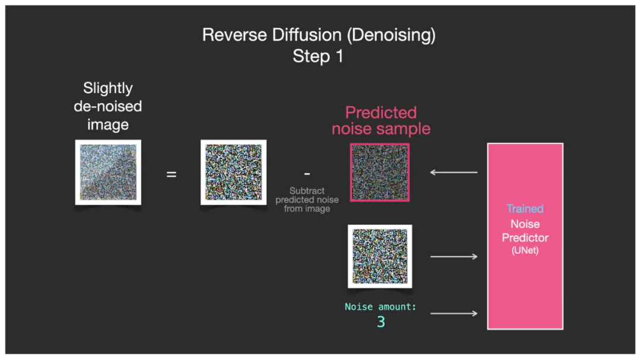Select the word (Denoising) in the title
click(x=391, y=35)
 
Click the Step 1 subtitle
click(x=318, y=57)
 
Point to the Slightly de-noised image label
click(x=108, y=107)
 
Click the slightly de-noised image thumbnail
click(x=108, y=173)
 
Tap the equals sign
click(x=171, y=174)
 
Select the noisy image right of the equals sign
click(x=233, y=173)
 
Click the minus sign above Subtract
click(x=307, y=174)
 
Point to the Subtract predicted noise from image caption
click(x=307, y=200)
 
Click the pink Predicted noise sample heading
click(x=381, y=120)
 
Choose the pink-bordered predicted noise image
click(x=380, y=173)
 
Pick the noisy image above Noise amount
click(x=380, y=256)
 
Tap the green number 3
click(x=381, y=322)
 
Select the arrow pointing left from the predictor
click(x=453, y=173)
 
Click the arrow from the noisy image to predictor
click(x=453, y=256)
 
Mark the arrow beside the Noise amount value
click(x=453, y=313)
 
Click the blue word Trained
click(x=525, y=209)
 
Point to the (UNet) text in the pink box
click(x=525, y=251)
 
